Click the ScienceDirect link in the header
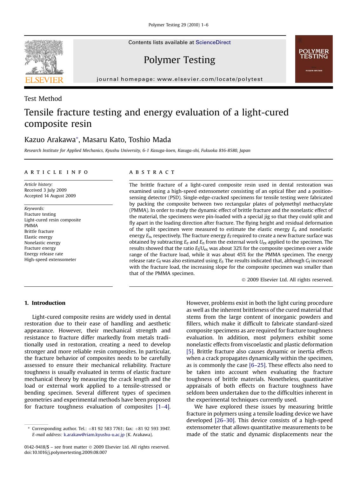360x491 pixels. (x=213, y=43)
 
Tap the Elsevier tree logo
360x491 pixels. (x=44, y=61)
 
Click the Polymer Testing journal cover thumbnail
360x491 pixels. (x=314, y=59)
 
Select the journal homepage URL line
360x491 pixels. (x=180, y=79)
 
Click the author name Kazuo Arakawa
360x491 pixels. (x=50, y=140)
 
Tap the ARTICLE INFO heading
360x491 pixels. (x=56, y=172)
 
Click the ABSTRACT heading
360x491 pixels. (x=152, y=172)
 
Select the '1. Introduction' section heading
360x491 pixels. (x=45, y=303)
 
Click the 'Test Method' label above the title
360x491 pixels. (x=43, y=99)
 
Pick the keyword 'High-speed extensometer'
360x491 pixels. (x=50, y=259)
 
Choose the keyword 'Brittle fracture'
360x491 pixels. (x=39, y=231)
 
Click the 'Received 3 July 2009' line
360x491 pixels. (x=45, y=190)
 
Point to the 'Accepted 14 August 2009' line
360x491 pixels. (x=50, y=196)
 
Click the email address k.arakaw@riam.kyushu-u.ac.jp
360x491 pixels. (x=94, y=435)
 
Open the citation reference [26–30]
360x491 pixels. (x=225, y=420)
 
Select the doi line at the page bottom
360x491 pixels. (x=65, y=452)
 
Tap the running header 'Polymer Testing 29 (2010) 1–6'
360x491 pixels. (x=178, y=25)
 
